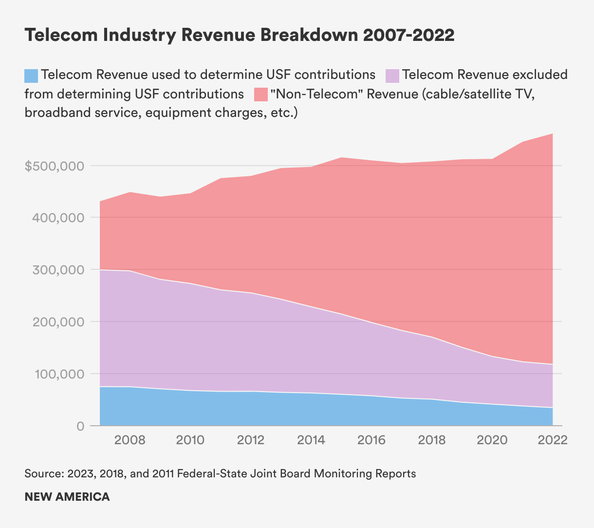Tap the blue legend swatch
31,76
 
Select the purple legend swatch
392,76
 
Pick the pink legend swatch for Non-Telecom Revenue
261,94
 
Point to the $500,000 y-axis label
54,166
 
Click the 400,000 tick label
58,218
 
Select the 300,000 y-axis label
58,270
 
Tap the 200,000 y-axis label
58,322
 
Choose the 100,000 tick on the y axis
58,374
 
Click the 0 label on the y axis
81,426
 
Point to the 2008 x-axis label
130,440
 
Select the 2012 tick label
251,440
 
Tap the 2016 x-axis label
371,440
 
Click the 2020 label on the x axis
492,440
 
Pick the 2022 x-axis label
553,440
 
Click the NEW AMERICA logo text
67,497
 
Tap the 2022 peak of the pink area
552,134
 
